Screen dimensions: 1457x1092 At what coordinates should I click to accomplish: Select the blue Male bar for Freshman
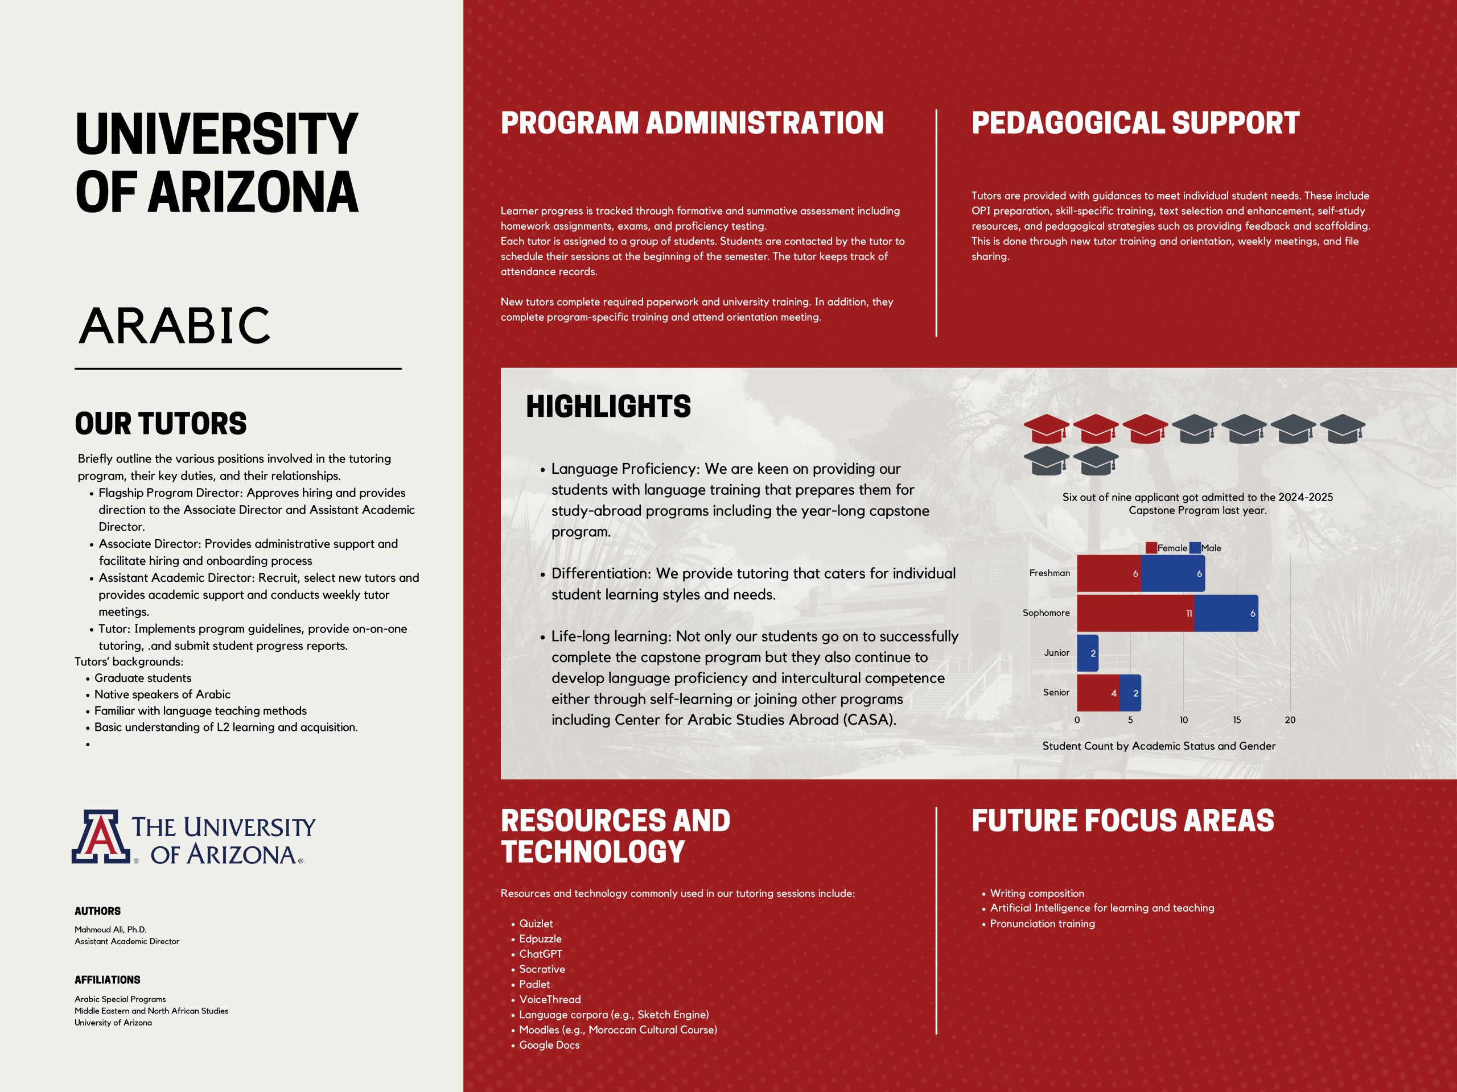coord(1172,573)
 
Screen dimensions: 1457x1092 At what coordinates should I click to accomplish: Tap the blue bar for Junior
coord(1088,653)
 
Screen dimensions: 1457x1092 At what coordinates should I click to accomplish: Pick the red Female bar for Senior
coord(1098,693)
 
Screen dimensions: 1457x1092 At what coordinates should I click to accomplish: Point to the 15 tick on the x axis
coord(1237,720)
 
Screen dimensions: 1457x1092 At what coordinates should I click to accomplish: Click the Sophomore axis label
coord(1046,613)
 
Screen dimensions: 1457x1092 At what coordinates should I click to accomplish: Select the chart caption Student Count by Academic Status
coord(1159,746)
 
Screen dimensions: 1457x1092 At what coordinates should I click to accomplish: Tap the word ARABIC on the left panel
coord(175,325)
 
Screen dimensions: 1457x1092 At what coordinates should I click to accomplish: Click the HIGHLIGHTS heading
coord(608,406)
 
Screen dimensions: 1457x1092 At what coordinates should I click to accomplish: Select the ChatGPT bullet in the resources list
coord(540,954)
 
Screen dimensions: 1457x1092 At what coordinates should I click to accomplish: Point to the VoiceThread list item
coord(549,999)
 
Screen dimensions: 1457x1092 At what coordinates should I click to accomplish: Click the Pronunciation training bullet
coord(1042,924)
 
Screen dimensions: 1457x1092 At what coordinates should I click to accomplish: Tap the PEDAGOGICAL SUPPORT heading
coord(1135,124)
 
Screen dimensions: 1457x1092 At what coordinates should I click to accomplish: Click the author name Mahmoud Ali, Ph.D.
coord(110,929)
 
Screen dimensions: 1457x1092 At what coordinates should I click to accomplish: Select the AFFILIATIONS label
coord(108,979)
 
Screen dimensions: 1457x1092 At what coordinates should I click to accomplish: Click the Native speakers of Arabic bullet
coord(162,694)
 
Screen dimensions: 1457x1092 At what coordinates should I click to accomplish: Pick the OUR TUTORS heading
coord(160,423)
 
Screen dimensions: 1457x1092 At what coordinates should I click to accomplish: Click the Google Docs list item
coord(549,1045)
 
